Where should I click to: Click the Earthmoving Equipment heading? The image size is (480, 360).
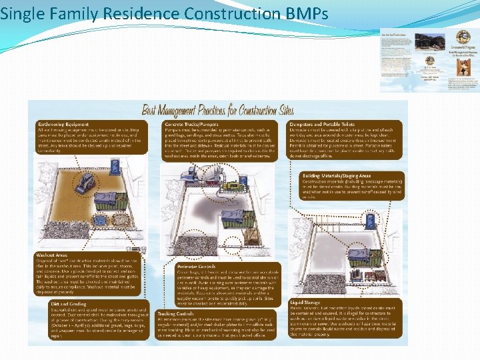point(64,124)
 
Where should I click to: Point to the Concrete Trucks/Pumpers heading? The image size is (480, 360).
point(194,124)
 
